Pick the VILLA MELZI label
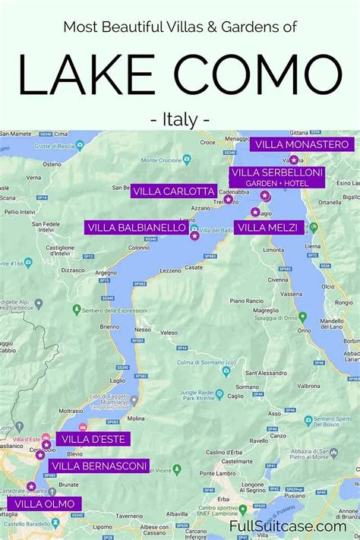point(270,227)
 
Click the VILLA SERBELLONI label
point(276,177)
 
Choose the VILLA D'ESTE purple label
point(93,439)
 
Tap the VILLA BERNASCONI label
point(99,466)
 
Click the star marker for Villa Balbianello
point(194,236)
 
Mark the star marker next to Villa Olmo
point(31,486)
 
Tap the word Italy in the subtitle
point(180,119)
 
